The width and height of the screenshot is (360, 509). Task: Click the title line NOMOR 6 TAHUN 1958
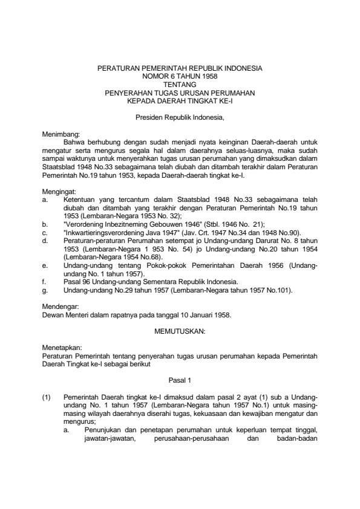pyautogui.click(x=180, y=77)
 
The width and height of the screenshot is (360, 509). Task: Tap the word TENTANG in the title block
pyautogui.click(x=180, y=85)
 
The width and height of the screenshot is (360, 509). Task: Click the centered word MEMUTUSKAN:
pyautogui.click(x=180, y=331)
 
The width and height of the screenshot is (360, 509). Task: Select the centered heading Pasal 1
pyautogui.click(x=180, y=380)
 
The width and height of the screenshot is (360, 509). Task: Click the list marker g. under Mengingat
pyautogui.click(x=45, y=291)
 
